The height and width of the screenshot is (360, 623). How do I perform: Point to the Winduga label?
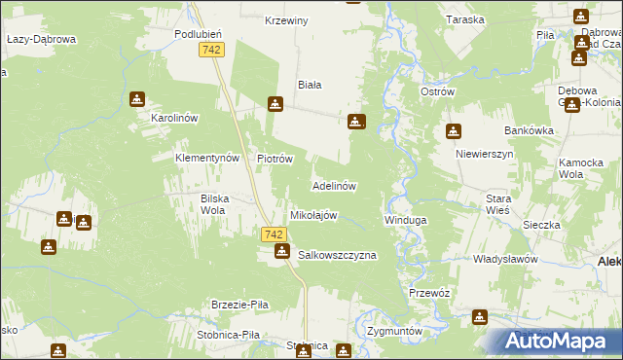405,221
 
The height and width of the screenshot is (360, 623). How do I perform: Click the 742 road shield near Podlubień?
209,49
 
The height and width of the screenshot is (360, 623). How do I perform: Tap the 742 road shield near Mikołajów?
275,234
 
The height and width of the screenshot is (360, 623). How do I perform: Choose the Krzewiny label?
286,20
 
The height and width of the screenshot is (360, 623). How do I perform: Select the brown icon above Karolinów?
137,98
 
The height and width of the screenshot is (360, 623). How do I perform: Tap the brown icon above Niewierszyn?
454,132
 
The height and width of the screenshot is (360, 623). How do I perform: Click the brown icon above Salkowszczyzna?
282,253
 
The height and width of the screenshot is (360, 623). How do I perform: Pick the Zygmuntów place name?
394,331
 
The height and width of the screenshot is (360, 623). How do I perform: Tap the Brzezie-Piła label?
240,305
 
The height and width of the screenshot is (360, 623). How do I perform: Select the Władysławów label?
505,260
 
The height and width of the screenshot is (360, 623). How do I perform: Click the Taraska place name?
464,20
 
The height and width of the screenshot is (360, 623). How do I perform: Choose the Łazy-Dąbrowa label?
41,39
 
